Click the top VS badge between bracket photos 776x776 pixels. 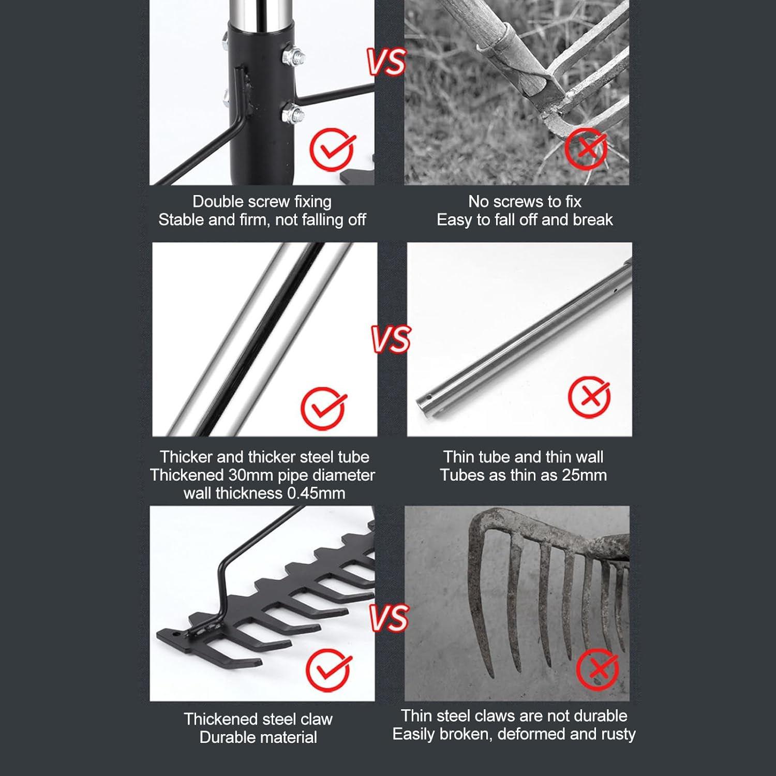click(x=386, y=62)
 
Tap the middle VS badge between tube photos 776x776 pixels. click(x=391, y=339)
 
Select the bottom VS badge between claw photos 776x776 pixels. click(x=390, y=618)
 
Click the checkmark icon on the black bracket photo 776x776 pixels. click(x=332, y=150)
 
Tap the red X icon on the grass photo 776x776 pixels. click(x=586, y=149)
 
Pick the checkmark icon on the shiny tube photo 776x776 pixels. click(x=323, y=408)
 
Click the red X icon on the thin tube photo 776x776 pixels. click(x=589, y=397)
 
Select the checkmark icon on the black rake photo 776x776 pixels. click(x=328, y=670)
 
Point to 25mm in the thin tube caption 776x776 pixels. click(x=584, y=475)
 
